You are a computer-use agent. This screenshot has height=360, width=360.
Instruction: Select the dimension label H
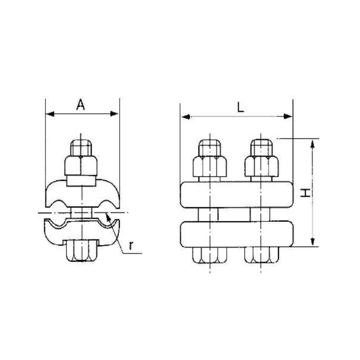[305, 193]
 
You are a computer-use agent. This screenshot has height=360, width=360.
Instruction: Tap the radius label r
[130, 245]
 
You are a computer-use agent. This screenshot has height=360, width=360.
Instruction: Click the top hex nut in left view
[81, 166]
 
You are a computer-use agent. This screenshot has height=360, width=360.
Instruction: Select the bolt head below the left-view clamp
[81, 251]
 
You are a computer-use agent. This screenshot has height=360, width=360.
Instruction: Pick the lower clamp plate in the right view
[236, 234]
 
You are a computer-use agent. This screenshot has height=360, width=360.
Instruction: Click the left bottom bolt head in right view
[209, 255]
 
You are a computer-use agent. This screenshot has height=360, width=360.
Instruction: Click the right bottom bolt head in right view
[261, 255]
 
